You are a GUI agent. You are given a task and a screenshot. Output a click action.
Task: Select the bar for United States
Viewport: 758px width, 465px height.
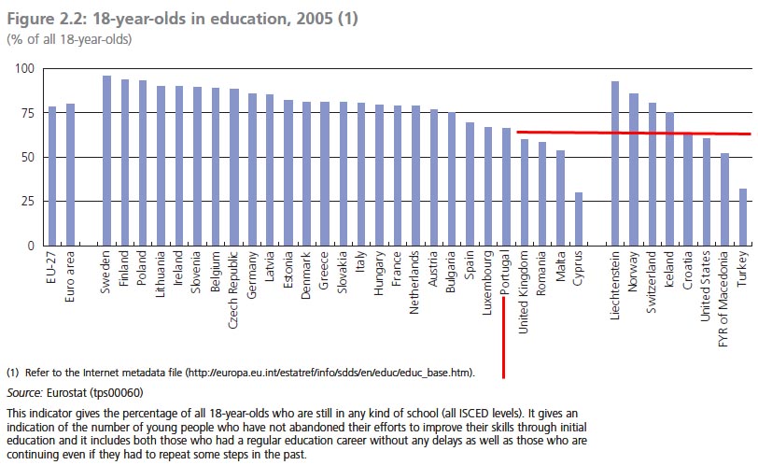pos(706,191)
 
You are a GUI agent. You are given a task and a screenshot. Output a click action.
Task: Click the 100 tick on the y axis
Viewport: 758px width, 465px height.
pos(21,69)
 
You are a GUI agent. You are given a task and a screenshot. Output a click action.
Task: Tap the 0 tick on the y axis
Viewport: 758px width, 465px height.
pos(29,246)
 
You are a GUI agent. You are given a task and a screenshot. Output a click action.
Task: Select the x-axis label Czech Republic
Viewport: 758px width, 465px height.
pos(233,284)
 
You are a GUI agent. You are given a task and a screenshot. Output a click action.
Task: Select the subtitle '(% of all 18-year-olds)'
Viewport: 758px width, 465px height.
pos(69,39)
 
